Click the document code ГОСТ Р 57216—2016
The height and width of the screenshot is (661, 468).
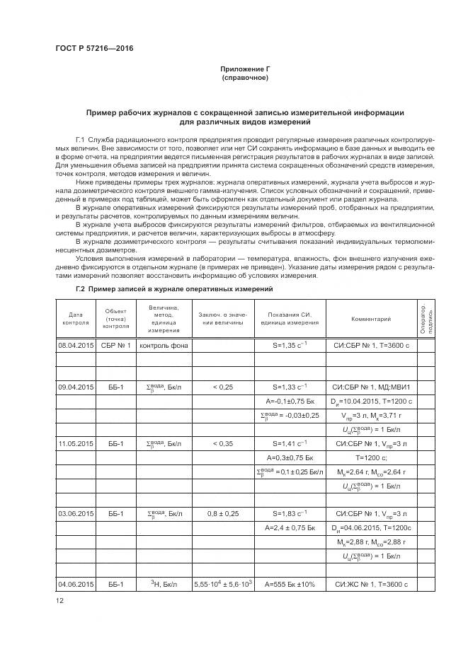pyautogui.click(x=94, y=48)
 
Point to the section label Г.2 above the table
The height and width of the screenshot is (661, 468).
pyautogui.click(x=80, y=290)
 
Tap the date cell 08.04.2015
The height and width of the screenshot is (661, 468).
pyautogui.click(x=76, y=346)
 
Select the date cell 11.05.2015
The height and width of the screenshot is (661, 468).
pyautogui.click(x=76, y=463)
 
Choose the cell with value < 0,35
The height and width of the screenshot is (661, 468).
pyautogui.click(x=222, y=463)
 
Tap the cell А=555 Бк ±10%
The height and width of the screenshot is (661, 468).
pyautogui.click(x=290, y=585)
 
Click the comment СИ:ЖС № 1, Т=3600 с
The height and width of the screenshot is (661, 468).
pyautogui.click(x=371, y=585)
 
